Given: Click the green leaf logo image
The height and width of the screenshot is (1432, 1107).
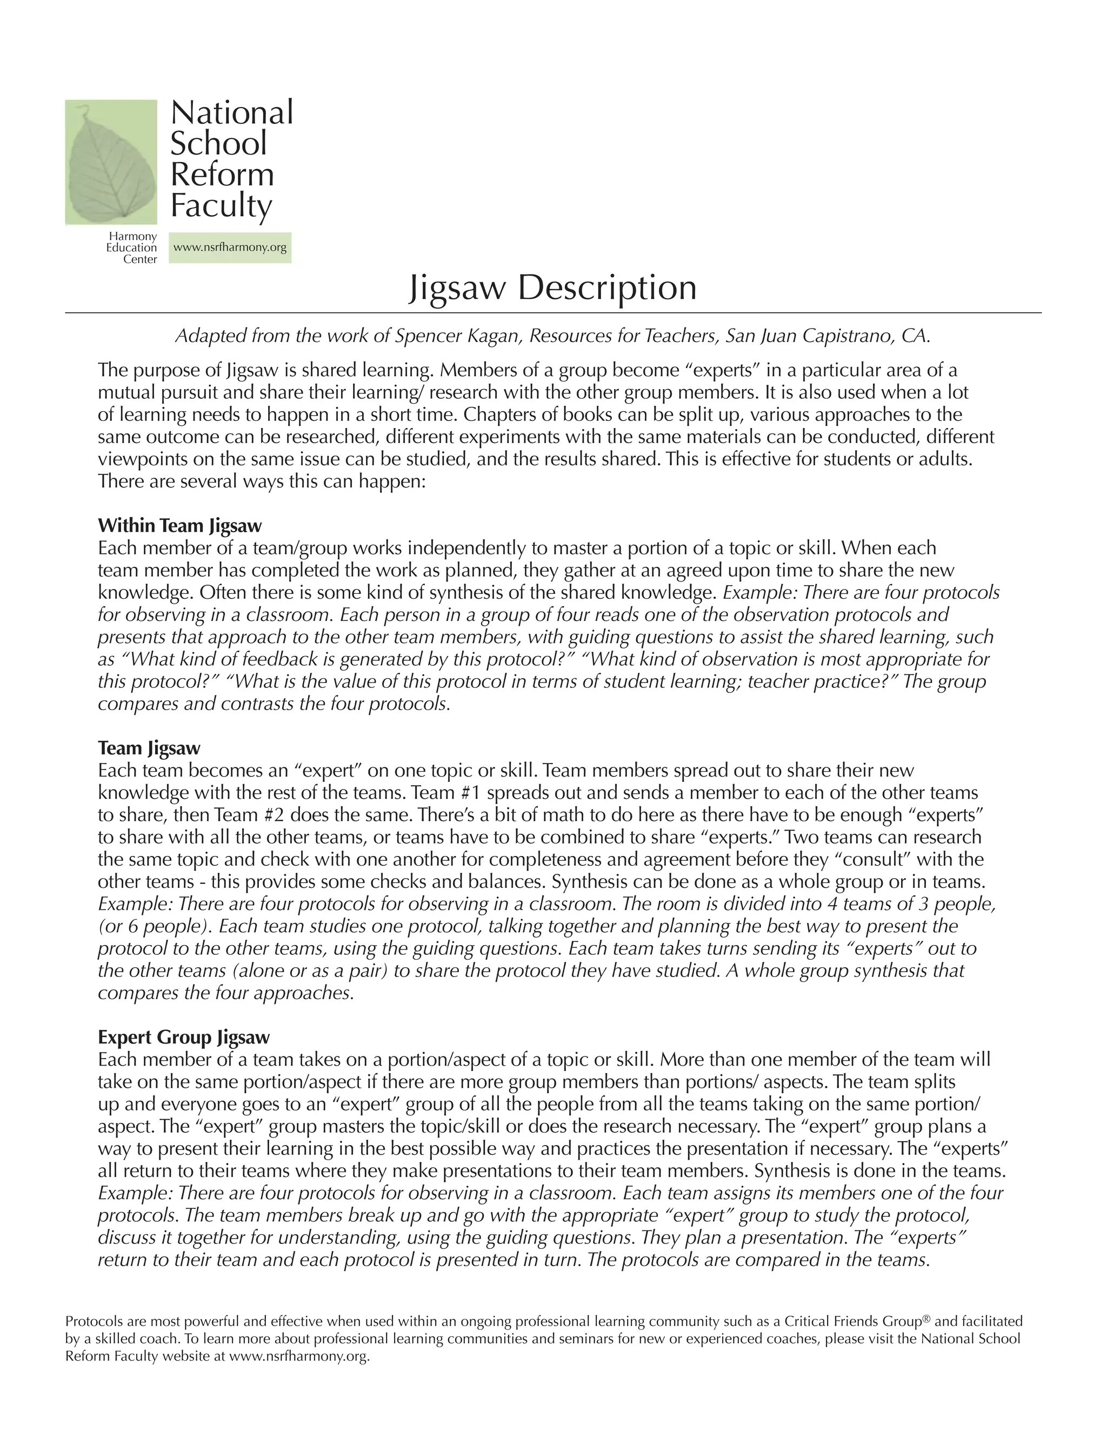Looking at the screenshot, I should coord(111,162).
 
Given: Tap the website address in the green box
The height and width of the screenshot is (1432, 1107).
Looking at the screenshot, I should coord(230,248).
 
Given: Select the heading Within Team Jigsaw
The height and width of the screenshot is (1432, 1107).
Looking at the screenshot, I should coord(179,525).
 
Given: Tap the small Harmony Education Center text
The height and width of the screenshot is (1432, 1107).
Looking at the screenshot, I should coord(132,248).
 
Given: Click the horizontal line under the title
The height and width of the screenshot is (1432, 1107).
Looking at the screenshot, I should coord(552,313).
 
